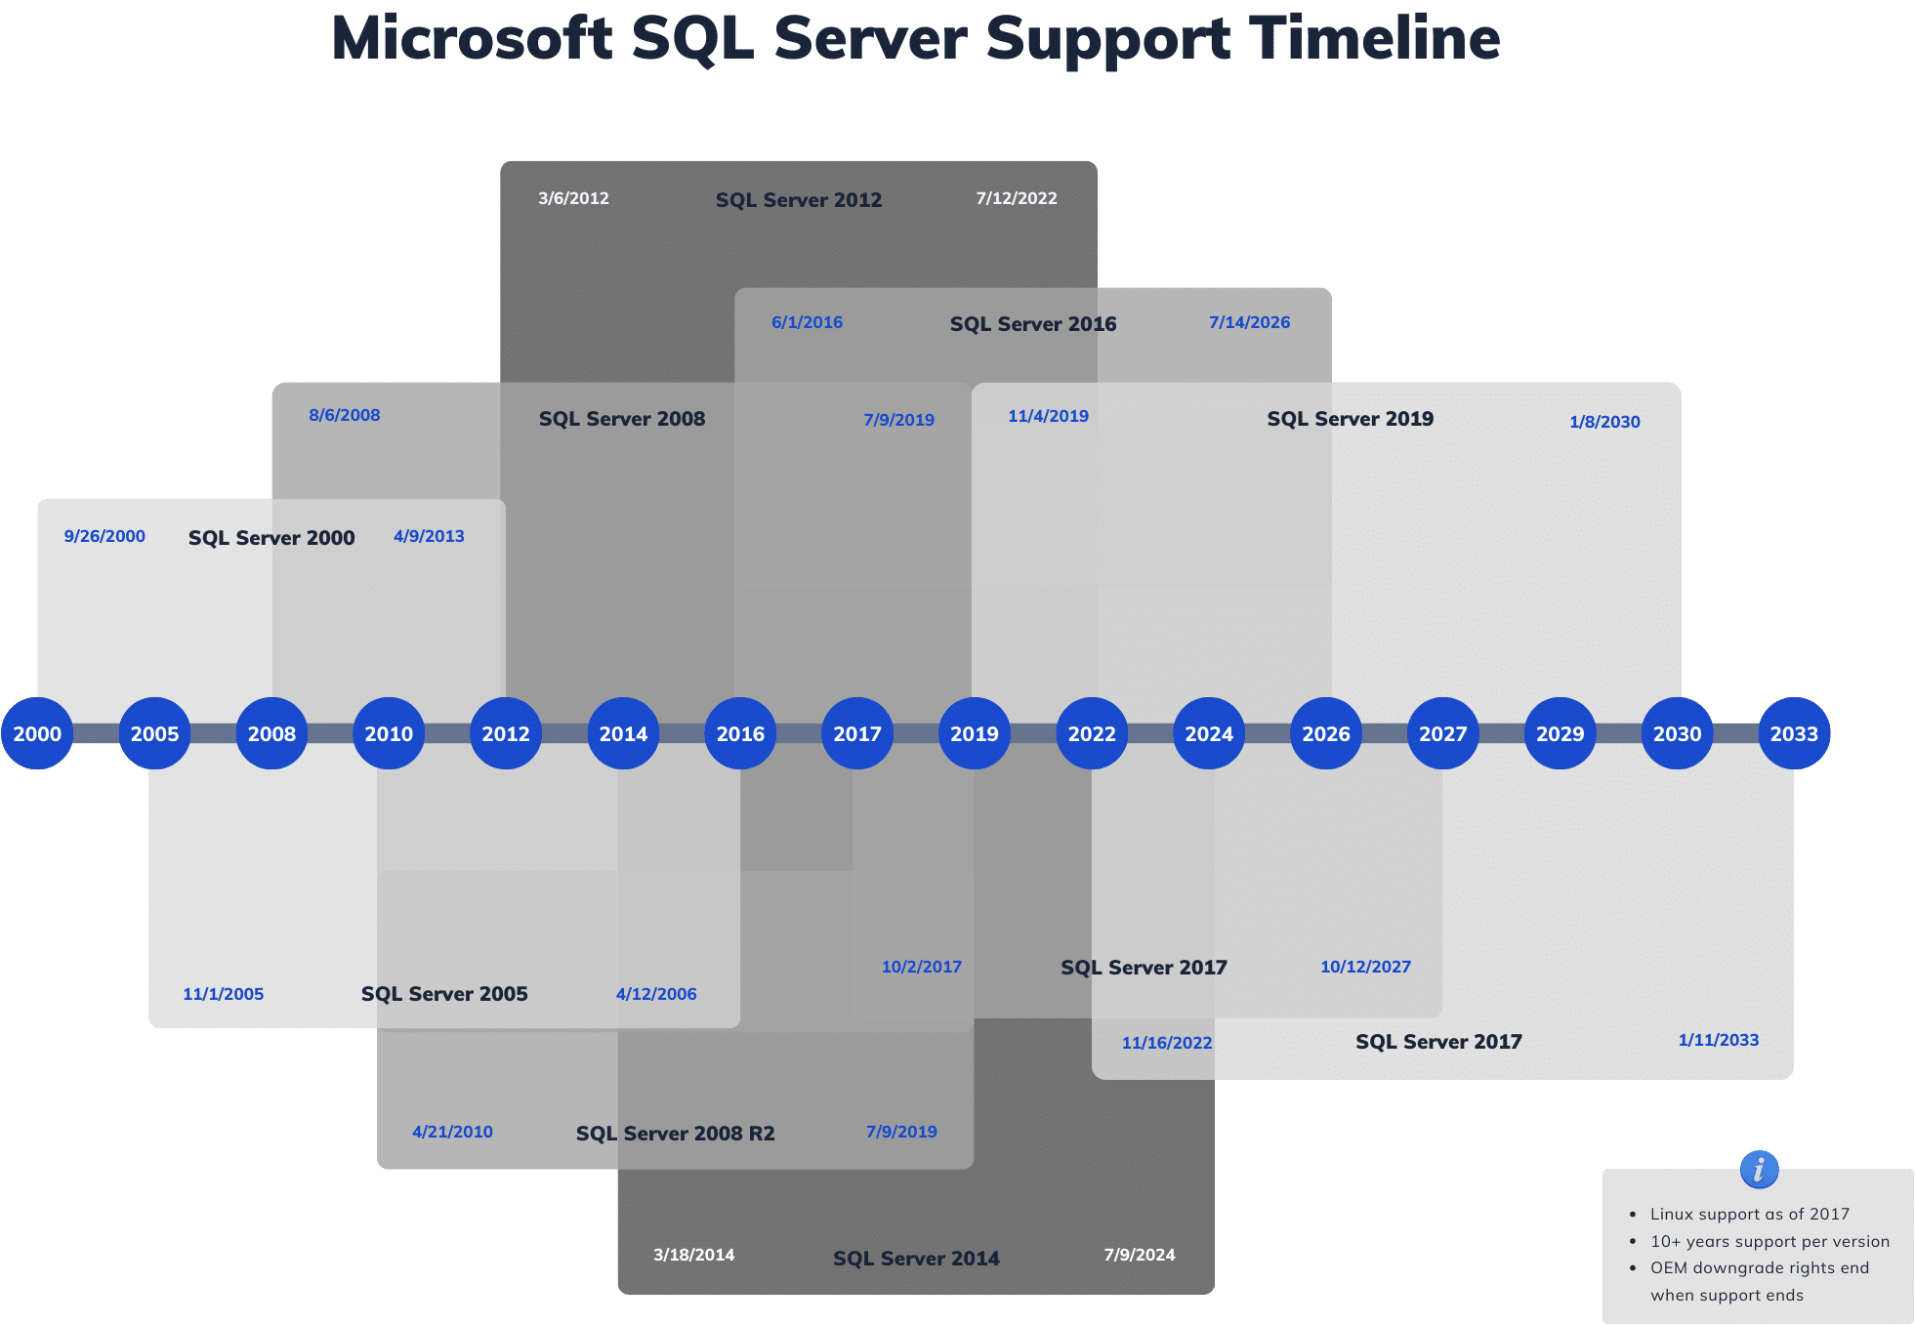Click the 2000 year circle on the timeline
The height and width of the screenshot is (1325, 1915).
pos(37,733)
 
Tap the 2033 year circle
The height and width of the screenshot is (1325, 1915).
pos(1793,733)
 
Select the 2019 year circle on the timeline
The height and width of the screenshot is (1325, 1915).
pos(974,733)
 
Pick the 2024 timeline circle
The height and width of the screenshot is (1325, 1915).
pos(1208,733)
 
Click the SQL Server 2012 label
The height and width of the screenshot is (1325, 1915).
pos(798,200)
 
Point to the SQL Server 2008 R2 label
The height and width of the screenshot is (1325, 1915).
pos(675,1134)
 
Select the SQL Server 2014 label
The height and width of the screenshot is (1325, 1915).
pos(915,1259)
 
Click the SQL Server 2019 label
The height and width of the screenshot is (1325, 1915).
pos(1350,419)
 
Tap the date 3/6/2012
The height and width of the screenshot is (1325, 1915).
pos(573,198)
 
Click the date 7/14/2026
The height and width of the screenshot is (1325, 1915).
pos(1249,322)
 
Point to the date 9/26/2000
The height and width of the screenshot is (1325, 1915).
pos(104,536)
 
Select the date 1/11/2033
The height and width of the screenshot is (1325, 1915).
pos(1718,1040)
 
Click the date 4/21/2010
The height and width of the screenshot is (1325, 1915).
pos(452,1132)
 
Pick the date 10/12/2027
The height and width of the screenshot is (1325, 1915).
pos(1365,967)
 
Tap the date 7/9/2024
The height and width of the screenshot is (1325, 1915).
pos(1139,1255)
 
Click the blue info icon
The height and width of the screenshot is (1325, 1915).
pos(1759,1169)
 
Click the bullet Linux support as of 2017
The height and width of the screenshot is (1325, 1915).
pos(1749,1214)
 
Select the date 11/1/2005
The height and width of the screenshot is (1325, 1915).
pos(223,994)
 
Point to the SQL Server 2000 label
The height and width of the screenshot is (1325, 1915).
pos(271,538)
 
